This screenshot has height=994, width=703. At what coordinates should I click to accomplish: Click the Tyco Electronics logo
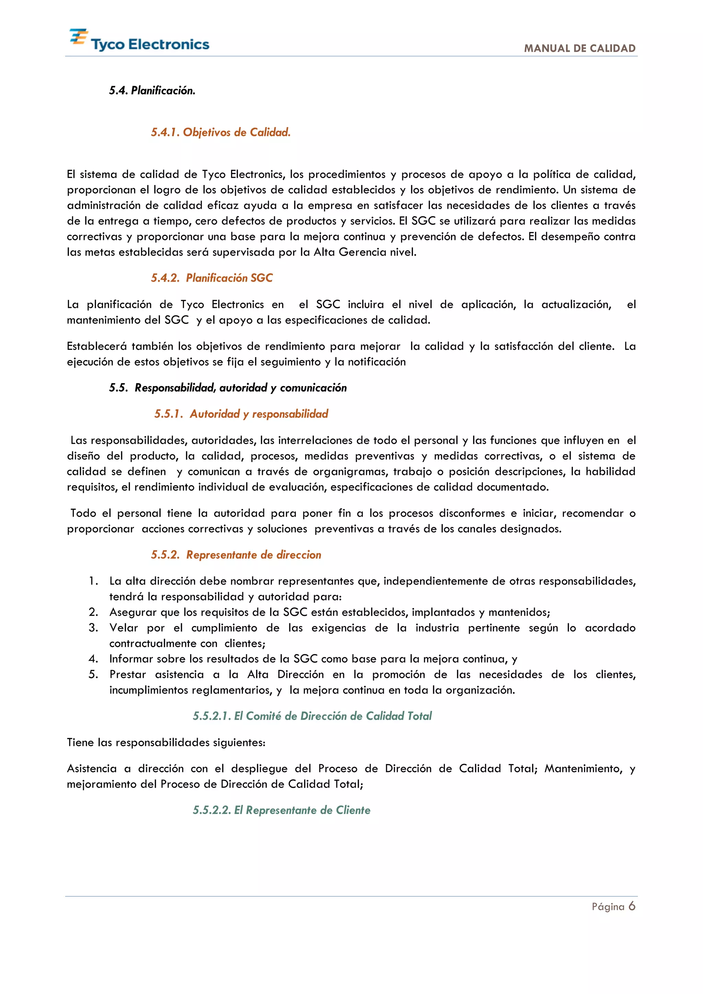coord(139,40)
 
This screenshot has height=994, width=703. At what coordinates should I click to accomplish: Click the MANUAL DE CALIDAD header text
coord(580,48)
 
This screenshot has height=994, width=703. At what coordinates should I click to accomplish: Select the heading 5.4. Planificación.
coord(152,91)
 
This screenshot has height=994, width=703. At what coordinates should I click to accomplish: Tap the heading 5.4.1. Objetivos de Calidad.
coord(220,132)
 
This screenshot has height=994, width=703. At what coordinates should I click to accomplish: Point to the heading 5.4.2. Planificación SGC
coord(212,278)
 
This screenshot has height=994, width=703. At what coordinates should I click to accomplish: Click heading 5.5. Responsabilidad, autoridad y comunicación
coord(228,388)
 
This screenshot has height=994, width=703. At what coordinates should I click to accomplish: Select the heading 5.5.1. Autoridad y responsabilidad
coord(241,414)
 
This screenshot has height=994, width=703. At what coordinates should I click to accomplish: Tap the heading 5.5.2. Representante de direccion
coord(236,555)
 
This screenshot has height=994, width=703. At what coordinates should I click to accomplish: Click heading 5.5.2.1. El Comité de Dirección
coord(312,716)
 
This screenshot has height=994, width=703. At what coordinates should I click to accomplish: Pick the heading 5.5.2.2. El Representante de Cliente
coord(281,810)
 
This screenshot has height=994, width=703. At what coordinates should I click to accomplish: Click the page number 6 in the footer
coord(632,906)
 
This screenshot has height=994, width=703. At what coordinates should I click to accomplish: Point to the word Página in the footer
coord(608,907)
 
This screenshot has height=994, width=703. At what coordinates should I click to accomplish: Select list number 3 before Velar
coord(93,628)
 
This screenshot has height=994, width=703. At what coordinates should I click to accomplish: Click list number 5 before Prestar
coord(93,674)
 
